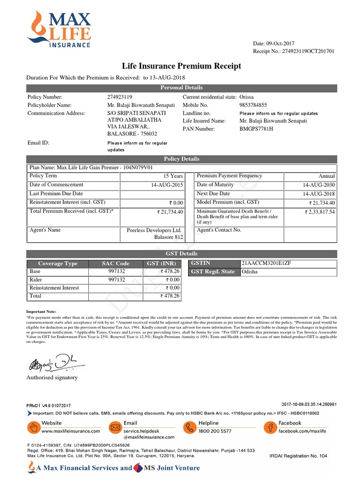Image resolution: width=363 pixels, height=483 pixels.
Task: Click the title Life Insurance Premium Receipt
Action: (181, 66)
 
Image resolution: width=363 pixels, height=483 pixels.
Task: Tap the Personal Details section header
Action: (181, 87)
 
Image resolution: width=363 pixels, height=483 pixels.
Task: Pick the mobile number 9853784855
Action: (253, 105)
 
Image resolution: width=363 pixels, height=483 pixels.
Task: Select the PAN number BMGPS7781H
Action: (257, 129)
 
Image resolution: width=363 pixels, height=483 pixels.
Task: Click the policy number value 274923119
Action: (120, 97)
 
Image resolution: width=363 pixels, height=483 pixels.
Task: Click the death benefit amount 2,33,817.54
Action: (320, 212)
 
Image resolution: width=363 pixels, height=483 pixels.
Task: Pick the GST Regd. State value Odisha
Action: (250, 272)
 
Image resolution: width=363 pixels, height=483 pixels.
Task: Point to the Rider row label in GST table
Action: (35, 280)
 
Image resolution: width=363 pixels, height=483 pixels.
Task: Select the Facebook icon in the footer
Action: (270, 427)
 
